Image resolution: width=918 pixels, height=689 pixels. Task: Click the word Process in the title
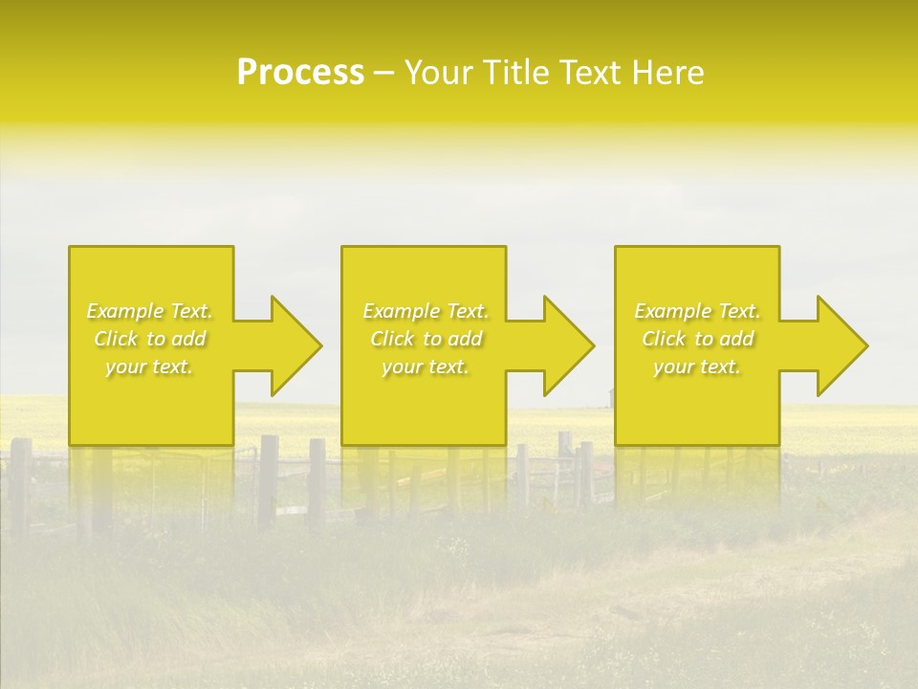pyautogui.click(x=300, y=73)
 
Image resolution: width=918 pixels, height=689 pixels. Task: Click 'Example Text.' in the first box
pyautogui.click(x=149, y=311)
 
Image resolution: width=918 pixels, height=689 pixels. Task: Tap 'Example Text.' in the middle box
pyautogui.click(x=426, y=311)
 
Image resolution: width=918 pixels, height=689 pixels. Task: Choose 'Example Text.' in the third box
pyautogui.click(x=697, y=311)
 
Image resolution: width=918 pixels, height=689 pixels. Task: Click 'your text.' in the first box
pyautogui.click(x=149, y=367)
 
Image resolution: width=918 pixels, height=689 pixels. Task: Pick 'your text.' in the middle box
pyautogui.click(x=426, y=367)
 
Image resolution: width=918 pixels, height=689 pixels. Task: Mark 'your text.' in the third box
pyautogui.click(x=697, y=367)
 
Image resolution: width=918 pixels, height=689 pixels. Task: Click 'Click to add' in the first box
pyautogui.click(x=149, y=339)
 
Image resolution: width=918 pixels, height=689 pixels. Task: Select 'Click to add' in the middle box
pyautogui.click(x=426, y=339)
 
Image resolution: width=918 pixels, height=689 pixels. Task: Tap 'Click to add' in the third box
pyautogui.click(x=697, y=339)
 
